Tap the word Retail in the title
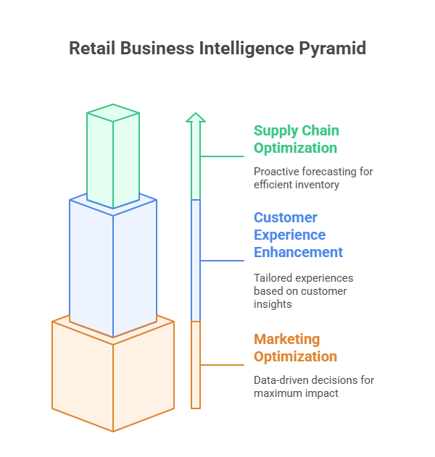tap(91, 49)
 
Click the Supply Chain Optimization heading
tap(295, 139)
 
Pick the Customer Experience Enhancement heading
tap(297, 235)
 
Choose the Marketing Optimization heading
tap(295, 348)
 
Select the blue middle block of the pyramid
tap(113, 268)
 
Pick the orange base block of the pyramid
tap(113, 377)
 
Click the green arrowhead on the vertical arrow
tap(196, 117)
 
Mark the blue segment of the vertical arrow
tap(196, 261)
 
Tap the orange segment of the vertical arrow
tap(196, 365)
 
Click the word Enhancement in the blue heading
tap(298, 252)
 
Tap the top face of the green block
tap(113, 113)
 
